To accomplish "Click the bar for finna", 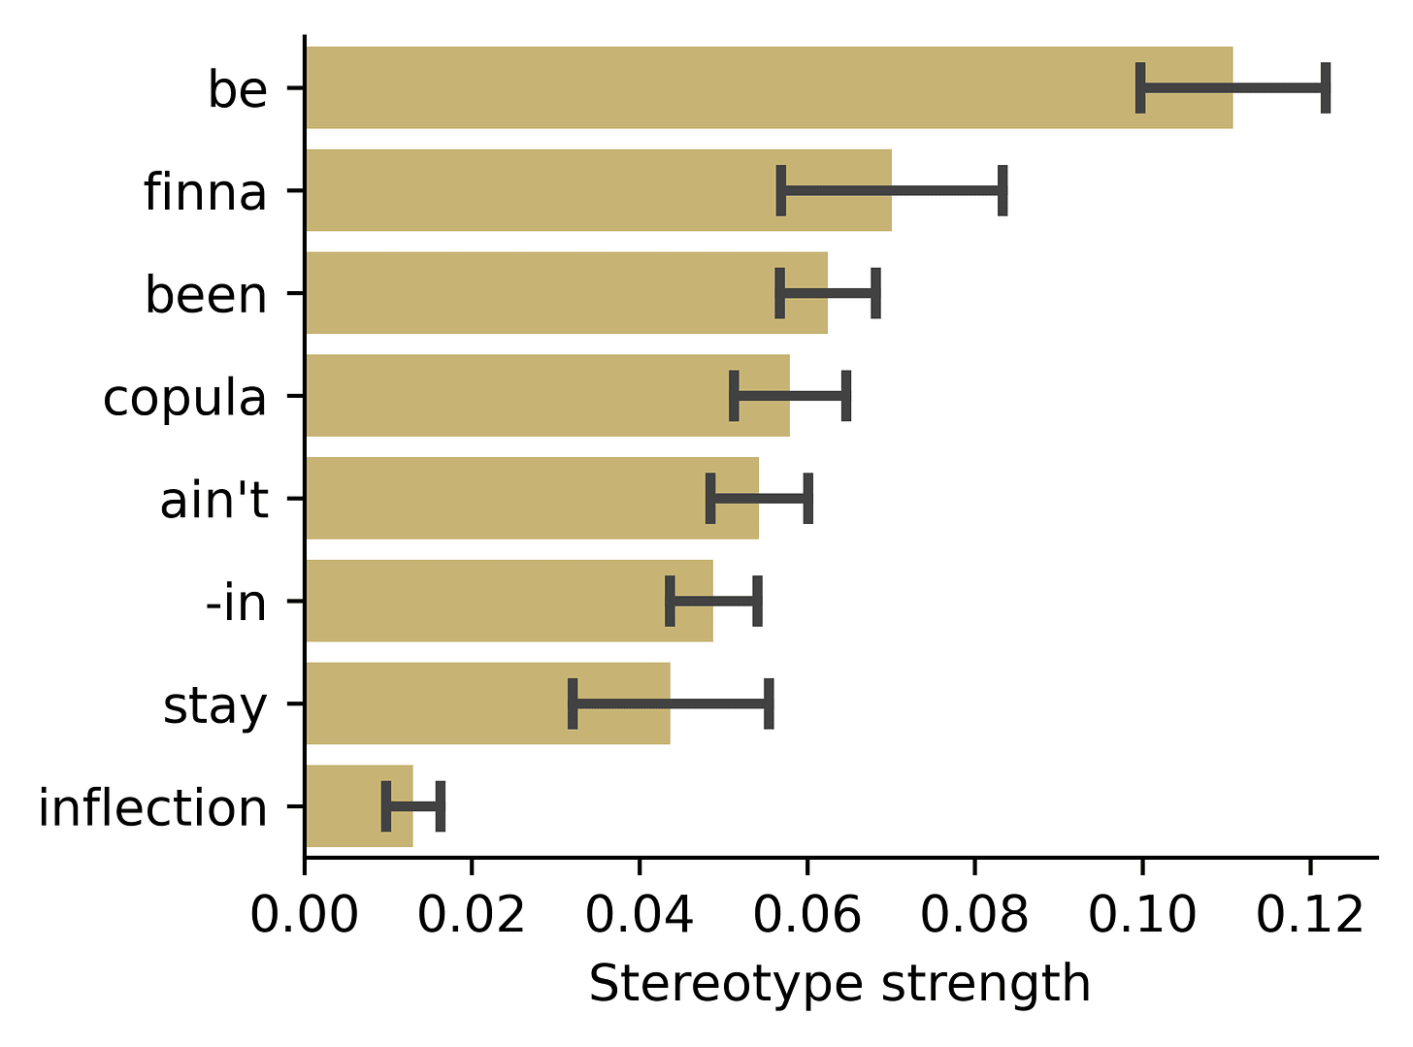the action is tap(599, 190).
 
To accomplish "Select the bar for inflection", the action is tap(360, 805).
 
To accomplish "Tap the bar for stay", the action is tap(488, 703).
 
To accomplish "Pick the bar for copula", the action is tap(548, 395).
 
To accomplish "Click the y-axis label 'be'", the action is tap(238, 88).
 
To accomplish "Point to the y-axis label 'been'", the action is tap(206, 294).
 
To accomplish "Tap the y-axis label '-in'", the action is tap(236, 602).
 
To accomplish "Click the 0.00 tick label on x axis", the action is tap(305, 916).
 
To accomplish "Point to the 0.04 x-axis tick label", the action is tap(639, 916).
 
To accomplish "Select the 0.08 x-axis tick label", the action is tap(974, 916).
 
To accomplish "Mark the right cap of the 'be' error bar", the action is tap(1326, 88).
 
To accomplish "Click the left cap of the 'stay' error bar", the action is tap(573, 703).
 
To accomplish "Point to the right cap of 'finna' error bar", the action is tap(1002, 190).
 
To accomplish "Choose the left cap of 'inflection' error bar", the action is tap(386, 806).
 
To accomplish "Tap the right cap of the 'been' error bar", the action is tap(876, 293).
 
